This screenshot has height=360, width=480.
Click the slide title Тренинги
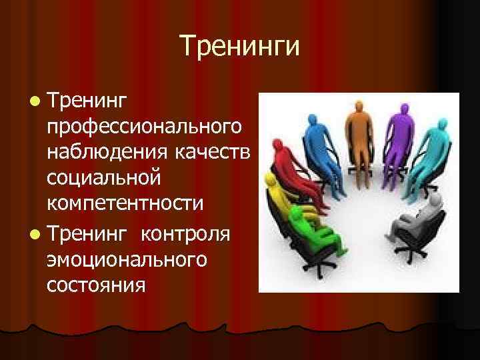coord(239,47)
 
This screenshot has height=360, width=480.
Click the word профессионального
coord(145,127)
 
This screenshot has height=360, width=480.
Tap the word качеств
coord(212,152)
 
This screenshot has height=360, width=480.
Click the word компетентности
coord(125,203)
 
